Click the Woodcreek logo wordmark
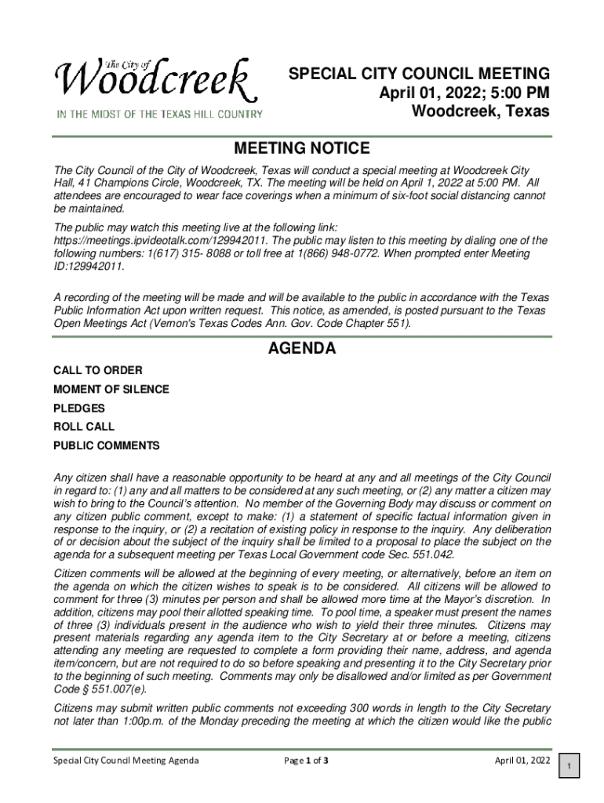(x=155, y=82)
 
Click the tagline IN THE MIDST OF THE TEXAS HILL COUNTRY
(x=158, y=114)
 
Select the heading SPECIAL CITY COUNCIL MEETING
(x=419, y=74)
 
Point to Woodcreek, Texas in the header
(x=480, y=111)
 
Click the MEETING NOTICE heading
(x=302, y=148)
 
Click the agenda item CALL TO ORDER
(x=98, y=370)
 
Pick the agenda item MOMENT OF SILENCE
(x=111, y=389)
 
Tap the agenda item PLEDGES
(x=78, y=408)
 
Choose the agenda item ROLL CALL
(x=84, y=427)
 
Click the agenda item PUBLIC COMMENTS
(x=106, y=445)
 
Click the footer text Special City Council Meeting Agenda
(x=126, y=760)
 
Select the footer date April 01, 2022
(x=522, y=760)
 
